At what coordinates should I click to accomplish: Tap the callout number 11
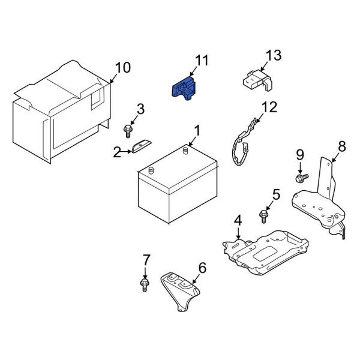click(x=202, y=60)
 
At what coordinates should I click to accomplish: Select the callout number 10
click(x=122, y=68)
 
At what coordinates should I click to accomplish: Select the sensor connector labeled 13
click(x=253, y=79)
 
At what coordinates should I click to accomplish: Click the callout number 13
click(x=273, y=56)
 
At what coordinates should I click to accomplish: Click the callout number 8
click(x=342, y=146)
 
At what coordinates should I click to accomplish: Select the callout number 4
click(x=238, y=221)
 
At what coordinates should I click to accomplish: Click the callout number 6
click(x=202, y=268)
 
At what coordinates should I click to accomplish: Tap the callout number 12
click(x=270, y=107)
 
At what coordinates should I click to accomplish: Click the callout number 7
click(x=144, y=260)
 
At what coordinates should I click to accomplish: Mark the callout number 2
click(x=116, y=152)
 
